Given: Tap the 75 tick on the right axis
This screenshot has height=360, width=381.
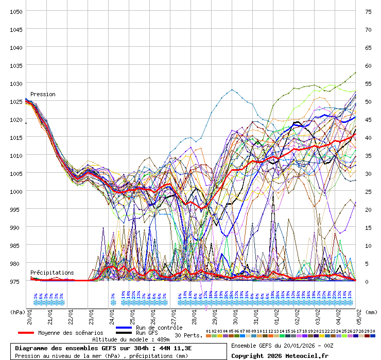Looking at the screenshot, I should pos(368,11).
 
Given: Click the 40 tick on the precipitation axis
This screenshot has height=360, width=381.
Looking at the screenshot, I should pos(368,137).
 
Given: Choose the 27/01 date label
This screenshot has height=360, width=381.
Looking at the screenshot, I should pos(174,315).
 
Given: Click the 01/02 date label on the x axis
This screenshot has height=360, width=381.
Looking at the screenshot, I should pos(277,315).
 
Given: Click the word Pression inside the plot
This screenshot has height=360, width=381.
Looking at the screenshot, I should pos(43,95).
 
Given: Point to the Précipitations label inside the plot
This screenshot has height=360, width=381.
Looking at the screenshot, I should pos(51,273).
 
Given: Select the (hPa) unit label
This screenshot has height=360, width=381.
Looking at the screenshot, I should pos(18,312).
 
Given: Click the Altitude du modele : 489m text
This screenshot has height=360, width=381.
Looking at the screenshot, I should pos(131,339).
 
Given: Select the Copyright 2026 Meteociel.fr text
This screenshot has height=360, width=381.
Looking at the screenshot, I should pos(280,355).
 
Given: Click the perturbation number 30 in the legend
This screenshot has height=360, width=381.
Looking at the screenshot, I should pos(373,331).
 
